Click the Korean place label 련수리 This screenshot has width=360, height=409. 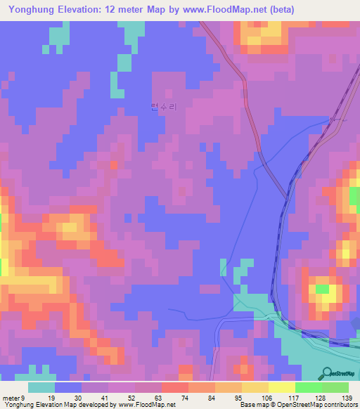pos(164,107)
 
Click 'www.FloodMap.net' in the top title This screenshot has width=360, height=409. pos(226,9)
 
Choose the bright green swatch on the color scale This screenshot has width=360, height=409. pos(308,387)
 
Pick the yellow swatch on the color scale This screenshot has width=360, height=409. pos(281,387)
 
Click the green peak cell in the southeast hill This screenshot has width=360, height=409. pos(323,288)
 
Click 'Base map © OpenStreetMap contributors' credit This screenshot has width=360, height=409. pos(297,404)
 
